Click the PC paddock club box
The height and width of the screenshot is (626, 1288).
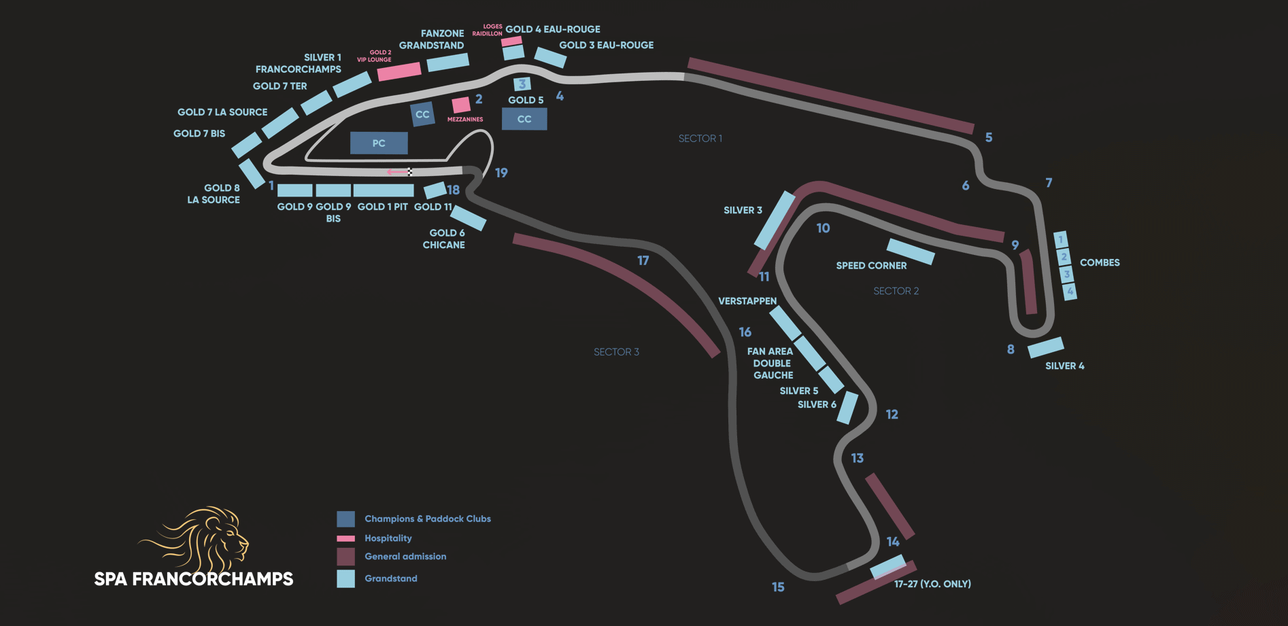379,143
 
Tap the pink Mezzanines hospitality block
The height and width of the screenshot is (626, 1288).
461,105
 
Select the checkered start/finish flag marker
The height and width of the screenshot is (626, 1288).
410,172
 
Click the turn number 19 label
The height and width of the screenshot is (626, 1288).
501,173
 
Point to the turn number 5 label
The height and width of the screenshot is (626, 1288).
989,137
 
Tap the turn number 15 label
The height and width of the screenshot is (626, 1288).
778,587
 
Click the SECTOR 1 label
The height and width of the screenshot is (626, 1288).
700,139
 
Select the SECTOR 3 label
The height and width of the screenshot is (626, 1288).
616,352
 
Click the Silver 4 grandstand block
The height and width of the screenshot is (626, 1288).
1046,347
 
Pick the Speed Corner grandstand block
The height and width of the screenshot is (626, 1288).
911,251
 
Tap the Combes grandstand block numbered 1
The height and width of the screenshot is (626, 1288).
1060,239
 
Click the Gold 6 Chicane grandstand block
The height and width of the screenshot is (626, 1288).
469,218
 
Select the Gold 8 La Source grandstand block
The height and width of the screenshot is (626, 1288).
252,173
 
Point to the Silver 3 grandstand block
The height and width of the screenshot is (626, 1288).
775,220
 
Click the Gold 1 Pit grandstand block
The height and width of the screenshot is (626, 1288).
384,190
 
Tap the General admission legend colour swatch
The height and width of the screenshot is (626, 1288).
345,557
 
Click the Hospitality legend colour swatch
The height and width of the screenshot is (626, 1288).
345,538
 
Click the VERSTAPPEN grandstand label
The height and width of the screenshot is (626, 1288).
747,301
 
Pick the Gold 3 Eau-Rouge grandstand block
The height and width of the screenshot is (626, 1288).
550,58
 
